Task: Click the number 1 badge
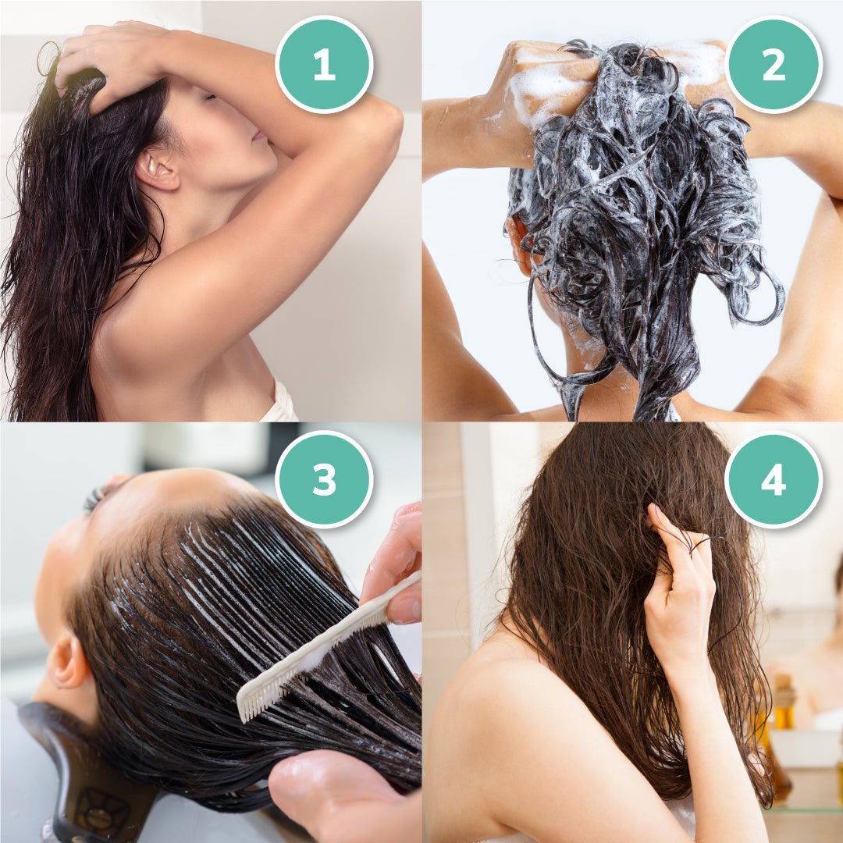(324, 64)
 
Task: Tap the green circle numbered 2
(774, 64)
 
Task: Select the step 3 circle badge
(324, 479)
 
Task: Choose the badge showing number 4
(774, 479)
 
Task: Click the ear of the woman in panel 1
(157, 169)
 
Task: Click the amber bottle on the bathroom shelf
(783, 702)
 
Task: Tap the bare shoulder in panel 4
(500, 702)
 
